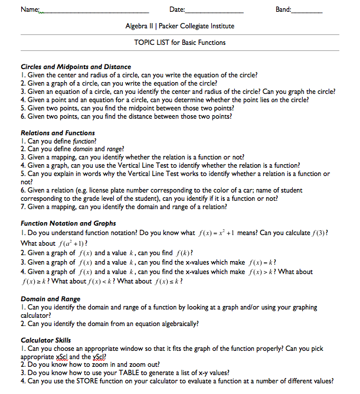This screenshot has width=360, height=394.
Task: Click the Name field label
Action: point(29,9)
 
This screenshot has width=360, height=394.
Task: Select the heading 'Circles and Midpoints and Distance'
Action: point(76,67)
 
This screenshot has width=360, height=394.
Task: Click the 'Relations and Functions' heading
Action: point(58,133)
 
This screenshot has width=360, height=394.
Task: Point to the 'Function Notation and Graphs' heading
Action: point(68,223)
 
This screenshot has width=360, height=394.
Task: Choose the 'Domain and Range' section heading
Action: point(50,299)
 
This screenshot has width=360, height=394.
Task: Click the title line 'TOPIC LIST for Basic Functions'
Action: point(179,43)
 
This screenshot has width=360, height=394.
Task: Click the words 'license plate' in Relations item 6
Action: point(93,191)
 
